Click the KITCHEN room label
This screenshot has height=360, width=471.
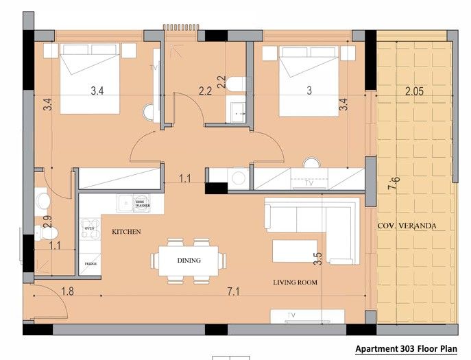[x=126, y=232]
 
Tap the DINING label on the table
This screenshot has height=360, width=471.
[x=189, y=261]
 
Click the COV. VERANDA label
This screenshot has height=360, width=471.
[x=407, y=226]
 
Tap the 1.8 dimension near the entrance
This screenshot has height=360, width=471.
[x=67, y=292]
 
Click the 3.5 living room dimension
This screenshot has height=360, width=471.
[x=317, y=259]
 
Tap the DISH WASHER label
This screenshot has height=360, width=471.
[x=143, y=203]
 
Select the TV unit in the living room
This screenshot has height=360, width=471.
[x=306, y=315]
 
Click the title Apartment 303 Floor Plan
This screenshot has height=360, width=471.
[x=406, y=348]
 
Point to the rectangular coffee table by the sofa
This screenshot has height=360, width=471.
[x=295, y=250]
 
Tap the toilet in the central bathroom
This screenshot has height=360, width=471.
[x=235, y=84]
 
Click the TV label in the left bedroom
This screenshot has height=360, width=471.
[x=154, y=68]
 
